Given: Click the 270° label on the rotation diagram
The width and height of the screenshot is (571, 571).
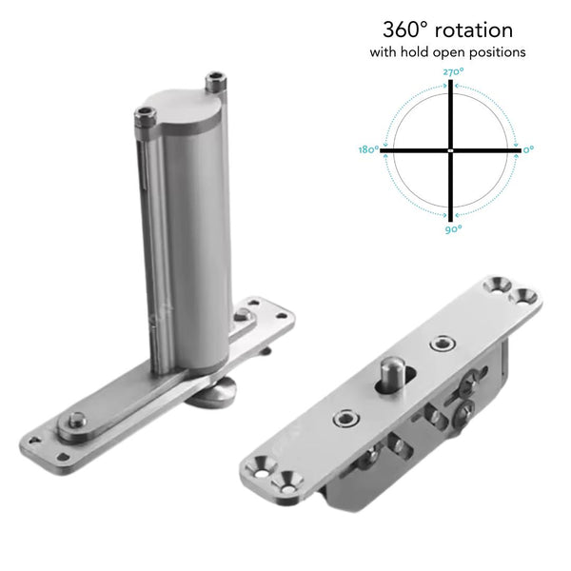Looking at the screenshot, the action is [x=453, y=71].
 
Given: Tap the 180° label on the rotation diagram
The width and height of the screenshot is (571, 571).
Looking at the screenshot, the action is [x=368, y=149].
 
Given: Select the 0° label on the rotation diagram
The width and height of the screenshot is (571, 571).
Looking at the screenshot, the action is [x=529, y=149].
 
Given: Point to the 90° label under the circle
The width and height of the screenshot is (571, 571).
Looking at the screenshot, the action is [x=454, y=229].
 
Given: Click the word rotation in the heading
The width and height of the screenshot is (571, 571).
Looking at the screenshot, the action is [x=474, y=30].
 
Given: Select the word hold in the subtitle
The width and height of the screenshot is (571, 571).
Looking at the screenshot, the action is [x=415, y=51].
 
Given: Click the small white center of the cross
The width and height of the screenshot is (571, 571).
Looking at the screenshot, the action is [x=450, y=150].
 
